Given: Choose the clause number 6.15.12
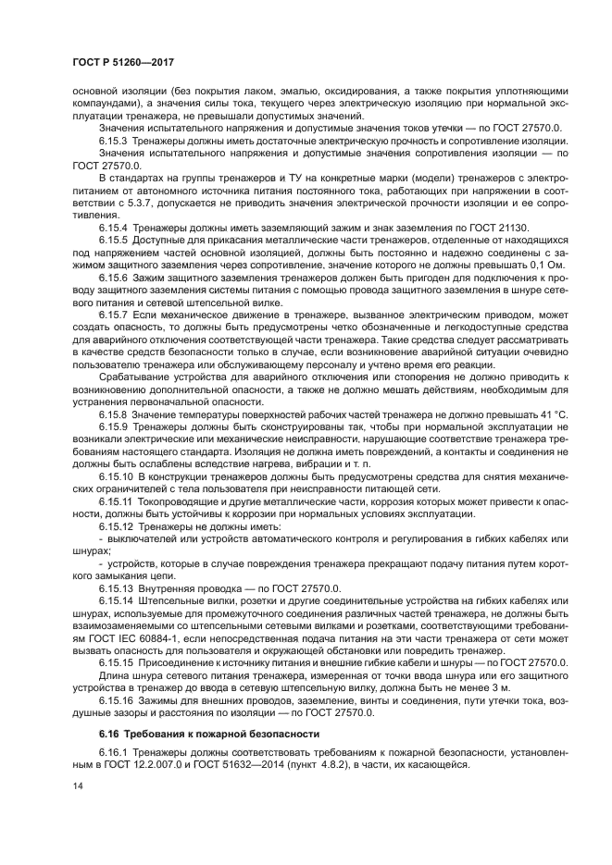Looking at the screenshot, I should pos(116,527).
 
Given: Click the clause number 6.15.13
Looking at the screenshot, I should pos(116,587).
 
